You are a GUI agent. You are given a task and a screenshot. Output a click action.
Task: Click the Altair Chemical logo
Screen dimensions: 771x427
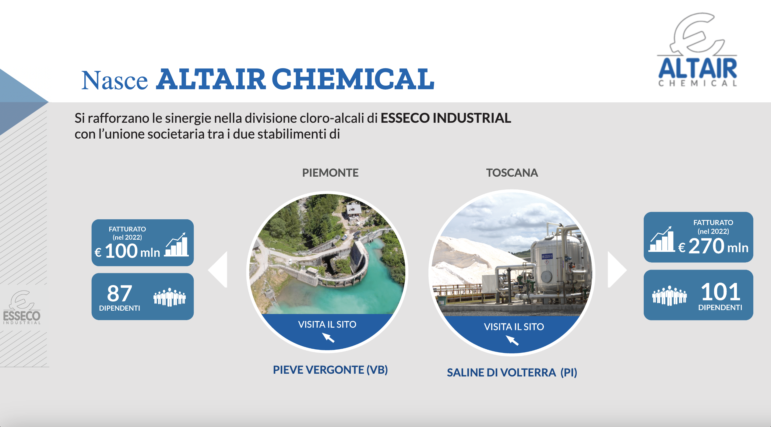click(x=697, y=50)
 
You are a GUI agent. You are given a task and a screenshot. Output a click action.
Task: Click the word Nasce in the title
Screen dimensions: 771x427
click(x=114, y=80)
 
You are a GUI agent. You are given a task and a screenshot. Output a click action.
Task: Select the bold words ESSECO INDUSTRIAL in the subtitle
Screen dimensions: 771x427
click(x=446, y=118)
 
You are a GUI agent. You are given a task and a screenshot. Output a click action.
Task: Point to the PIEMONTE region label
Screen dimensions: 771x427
click(x=330, y=173)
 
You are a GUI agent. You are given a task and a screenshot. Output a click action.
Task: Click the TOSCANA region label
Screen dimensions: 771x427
click(x=512, y=173)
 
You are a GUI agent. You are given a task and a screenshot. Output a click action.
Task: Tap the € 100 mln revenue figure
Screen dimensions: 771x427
click(x=127, y=251)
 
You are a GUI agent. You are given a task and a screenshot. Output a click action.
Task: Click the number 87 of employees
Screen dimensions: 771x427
click(x=119, y=293)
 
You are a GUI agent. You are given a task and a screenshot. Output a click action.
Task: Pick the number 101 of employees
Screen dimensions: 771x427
click(x=720, y=291)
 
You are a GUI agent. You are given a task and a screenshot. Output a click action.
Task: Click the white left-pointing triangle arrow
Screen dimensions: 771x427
click(x=218, y=269)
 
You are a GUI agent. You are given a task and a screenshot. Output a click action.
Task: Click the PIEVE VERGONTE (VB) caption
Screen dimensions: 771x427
click(x=330, y=370)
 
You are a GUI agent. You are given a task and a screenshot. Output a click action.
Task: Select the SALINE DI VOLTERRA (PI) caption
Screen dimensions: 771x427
click(x=512, y=372)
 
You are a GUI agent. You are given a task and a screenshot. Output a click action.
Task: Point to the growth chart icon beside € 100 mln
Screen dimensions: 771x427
click(x=177, y=245)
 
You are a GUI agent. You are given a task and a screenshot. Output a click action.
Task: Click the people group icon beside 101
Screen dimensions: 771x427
click(x=669, y=295)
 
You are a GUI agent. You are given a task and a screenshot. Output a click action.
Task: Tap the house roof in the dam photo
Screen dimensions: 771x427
click(x=354, y=209)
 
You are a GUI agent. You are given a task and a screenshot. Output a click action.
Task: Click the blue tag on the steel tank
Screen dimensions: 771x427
click(x=547, y=256)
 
